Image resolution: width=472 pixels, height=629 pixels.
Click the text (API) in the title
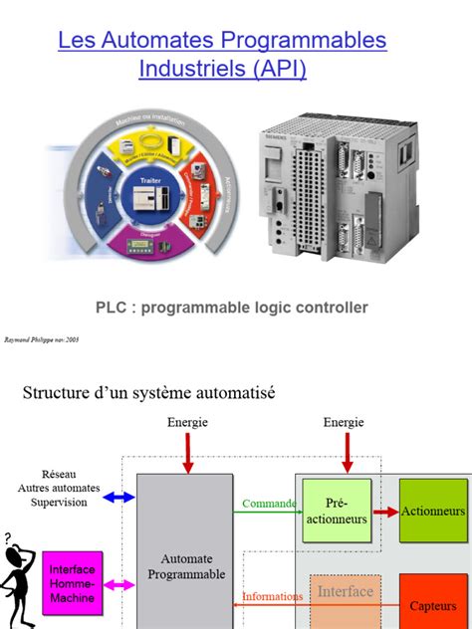tap(279, 69)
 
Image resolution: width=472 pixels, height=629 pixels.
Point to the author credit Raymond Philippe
tap(41, 338)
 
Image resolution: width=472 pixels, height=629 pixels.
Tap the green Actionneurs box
tap(433, 511)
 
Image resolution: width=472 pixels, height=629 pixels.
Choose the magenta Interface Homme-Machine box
tap(72, 583)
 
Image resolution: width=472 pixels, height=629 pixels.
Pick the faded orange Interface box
tap(345, 597)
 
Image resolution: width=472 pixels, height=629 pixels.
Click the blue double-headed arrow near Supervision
tap(119, 496)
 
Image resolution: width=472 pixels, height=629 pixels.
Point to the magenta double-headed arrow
tap(119, 585)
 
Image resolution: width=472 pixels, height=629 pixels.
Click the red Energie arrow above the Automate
tap(186, 454)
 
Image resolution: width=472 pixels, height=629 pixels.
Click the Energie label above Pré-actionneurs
tap(344, 422)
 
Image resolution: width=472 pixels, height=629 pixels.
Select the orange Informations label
tap(273, 597)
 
